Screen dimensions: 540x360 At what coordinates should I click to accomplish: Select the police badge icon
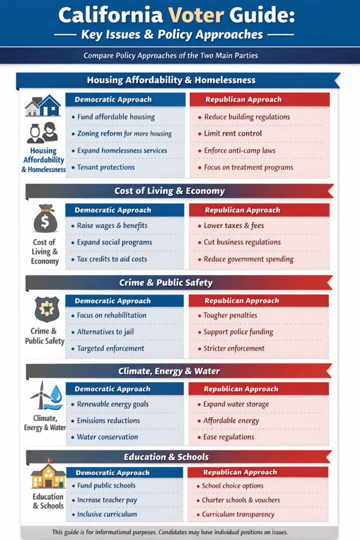click(x=46, y=310)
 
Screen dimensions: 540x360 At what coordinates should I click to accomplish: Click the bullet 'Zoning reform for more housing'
click(x=124, y=133)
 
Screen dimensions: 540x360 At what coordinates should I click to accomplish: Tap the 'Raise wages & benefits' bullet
click(x=112, y=225)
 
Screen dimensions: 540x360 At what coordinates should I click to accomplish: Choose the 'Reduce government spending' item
click(x=249, y=259)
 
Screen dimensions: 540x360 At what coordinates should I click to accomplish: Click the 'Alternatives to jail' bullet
click(x=109, y=332)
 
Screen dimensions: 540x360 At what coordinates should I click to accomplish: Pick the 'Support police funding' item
click(x=238, y=332)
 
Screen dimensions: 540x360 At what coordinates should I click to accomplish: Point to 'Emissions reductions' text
click(x=109, y=420)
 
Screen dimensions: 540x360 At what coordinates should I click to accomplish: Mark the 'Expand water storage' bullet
click(x=236, y=404)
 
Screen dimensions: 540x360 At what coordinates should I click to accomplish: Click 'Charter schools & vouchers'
click(x=241, y=499)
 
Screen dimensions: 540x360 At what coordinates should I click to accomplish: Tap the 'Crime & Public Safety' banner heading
click(x=166, y=283)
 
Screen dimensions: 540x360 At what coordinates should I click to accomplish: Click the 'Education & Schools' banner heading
click(x=166, y=457)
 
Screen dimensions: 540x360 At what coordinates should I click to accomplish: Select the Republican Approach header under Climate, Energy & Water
click(x=241, y=389)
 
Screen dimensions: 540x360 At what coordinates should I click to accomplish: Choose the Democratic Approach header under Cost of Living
click(x=113, y=210)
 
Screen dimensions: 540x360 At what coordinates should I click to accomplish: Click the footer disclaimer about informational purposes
click(x=170, y=532)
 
